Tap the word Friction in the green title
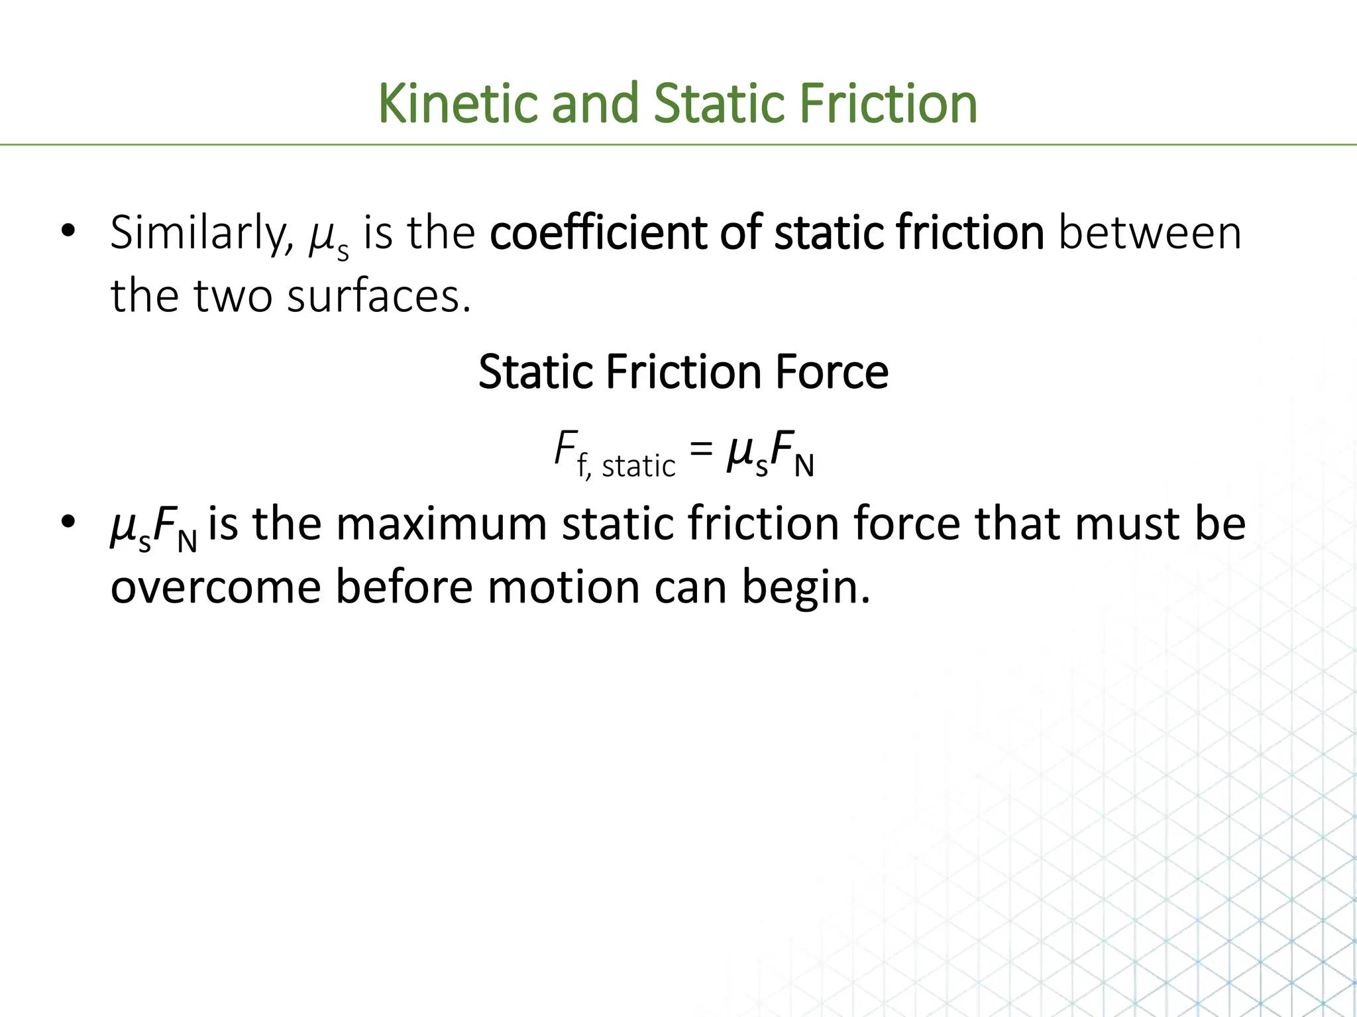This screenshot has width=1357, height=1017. coord(888,104)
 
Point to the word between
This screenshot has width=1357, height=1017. coord(1150,234)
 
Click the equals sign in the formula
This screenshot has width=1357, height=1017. coord(701,450)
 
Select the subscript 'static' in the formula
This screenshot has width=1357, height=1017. coord(638,466)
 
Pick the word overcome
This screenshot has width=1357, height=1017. coord(215,587)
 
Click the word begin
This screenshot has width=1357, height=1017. coord(805,587)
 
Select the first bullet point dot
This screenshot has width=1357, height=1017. coord(68,232)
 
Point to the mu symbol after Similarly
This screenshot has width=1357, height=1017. coord(322,237)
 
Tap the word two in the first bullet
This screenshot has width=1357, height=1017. coord(233,296)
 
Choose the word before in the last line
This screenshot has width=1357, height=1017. coord(404,587)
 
